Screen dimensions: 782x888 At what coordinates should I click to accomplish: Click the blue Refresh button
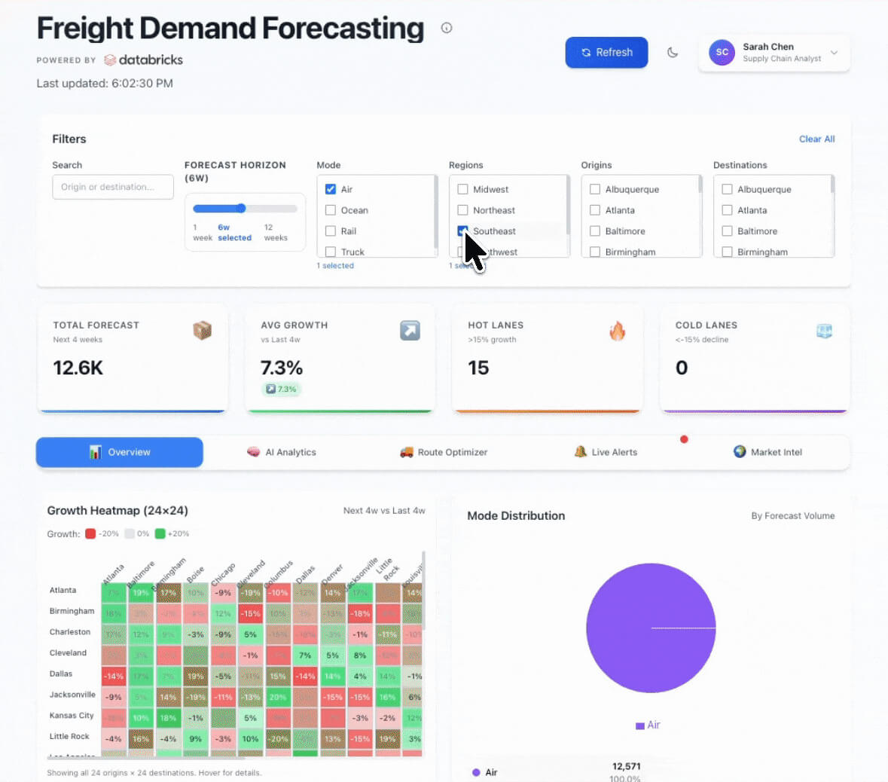(606, 53)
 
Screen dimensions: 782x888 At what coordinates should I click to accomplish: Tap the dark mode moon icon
(673, 53)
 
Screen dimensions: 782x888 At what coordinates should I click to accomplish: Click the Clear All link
(816, 139)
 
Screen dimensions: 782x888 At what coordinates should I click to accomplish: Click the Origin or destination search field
(112, 188)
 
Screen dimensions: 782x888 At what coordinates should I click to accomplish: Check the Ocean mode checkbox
(331, 210)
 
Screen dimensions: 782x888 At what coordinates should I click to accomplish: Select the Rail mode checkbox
(331, 231)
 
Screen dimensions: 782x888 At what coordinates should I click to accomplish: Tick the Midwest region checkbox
(463, 189)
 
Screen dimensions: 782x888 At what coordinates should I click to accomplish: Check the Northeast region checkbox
(463, 210)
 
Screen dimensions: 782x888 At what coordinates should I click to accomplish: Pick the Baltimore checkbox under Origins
(595, 231)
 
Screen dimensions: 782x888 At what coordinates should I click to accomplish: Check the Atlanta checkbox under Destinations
(728, 210)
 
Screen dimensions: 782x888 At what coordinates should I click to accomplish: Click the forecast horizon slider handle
(241, 209)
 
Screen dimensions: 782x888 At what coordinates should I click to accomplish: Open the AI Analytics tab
(282, 452)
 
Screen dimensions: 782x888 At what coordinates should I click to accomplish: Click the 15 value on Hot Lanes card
(478, 368)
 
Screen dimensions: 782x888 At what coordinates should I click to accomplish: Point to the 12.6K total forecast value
(78, 368)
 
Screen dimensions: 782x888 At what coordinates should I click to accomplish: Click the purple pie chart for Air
(650, 628)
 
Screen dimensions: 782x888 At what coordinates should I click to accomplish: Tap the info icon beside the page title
(447, 28)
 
